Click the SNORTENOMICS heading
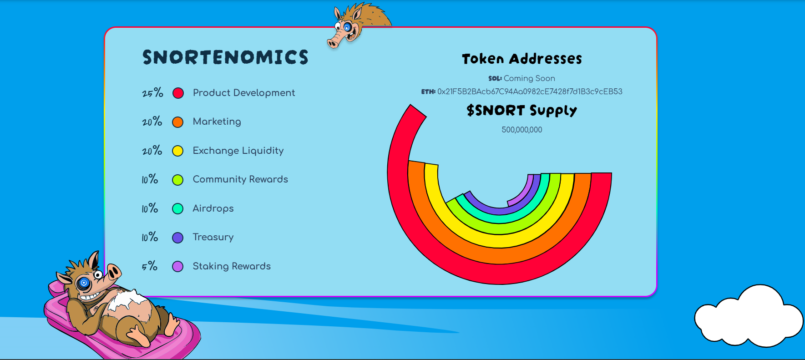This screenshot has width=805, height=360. [x=225, y=57]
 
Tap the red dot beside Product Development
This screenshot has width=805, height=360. [x=178, y=93]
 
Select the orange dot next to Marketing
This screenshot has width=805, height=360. [x=178, y=122]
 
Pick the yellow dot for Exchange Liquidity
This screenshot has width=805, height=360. [x=178, y=151]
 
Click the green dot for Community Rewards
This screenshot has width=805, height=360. [x=178, y=180]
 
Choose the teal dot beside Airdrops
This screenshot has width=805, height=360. [x=178, y=208]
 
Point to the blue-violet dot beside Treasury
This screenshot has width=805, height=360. [x=178, y=238]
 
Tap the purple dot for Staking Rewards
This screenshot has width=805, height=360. [x=178, y=266]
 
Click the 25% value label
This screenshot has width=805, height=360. [x=152, y=93]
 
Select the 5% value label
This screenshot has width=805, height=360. [x=150, y=266]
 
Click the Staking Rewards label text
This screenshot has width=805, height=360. [x=232, y=266]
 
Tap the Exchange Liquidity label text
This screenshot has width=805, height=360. [x=238, y=151]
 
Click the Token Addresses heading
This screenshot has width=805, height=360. [x=522, y=59]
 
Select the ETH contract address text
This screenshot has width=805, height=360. [x=530, y=91]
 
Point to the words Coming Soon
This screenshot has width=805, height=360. [x=529, y=78]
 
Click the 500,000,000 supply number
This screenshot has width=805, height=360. [x=522, y=130]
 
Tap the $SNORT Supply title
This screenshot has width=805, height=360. [x=522, y=111]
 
